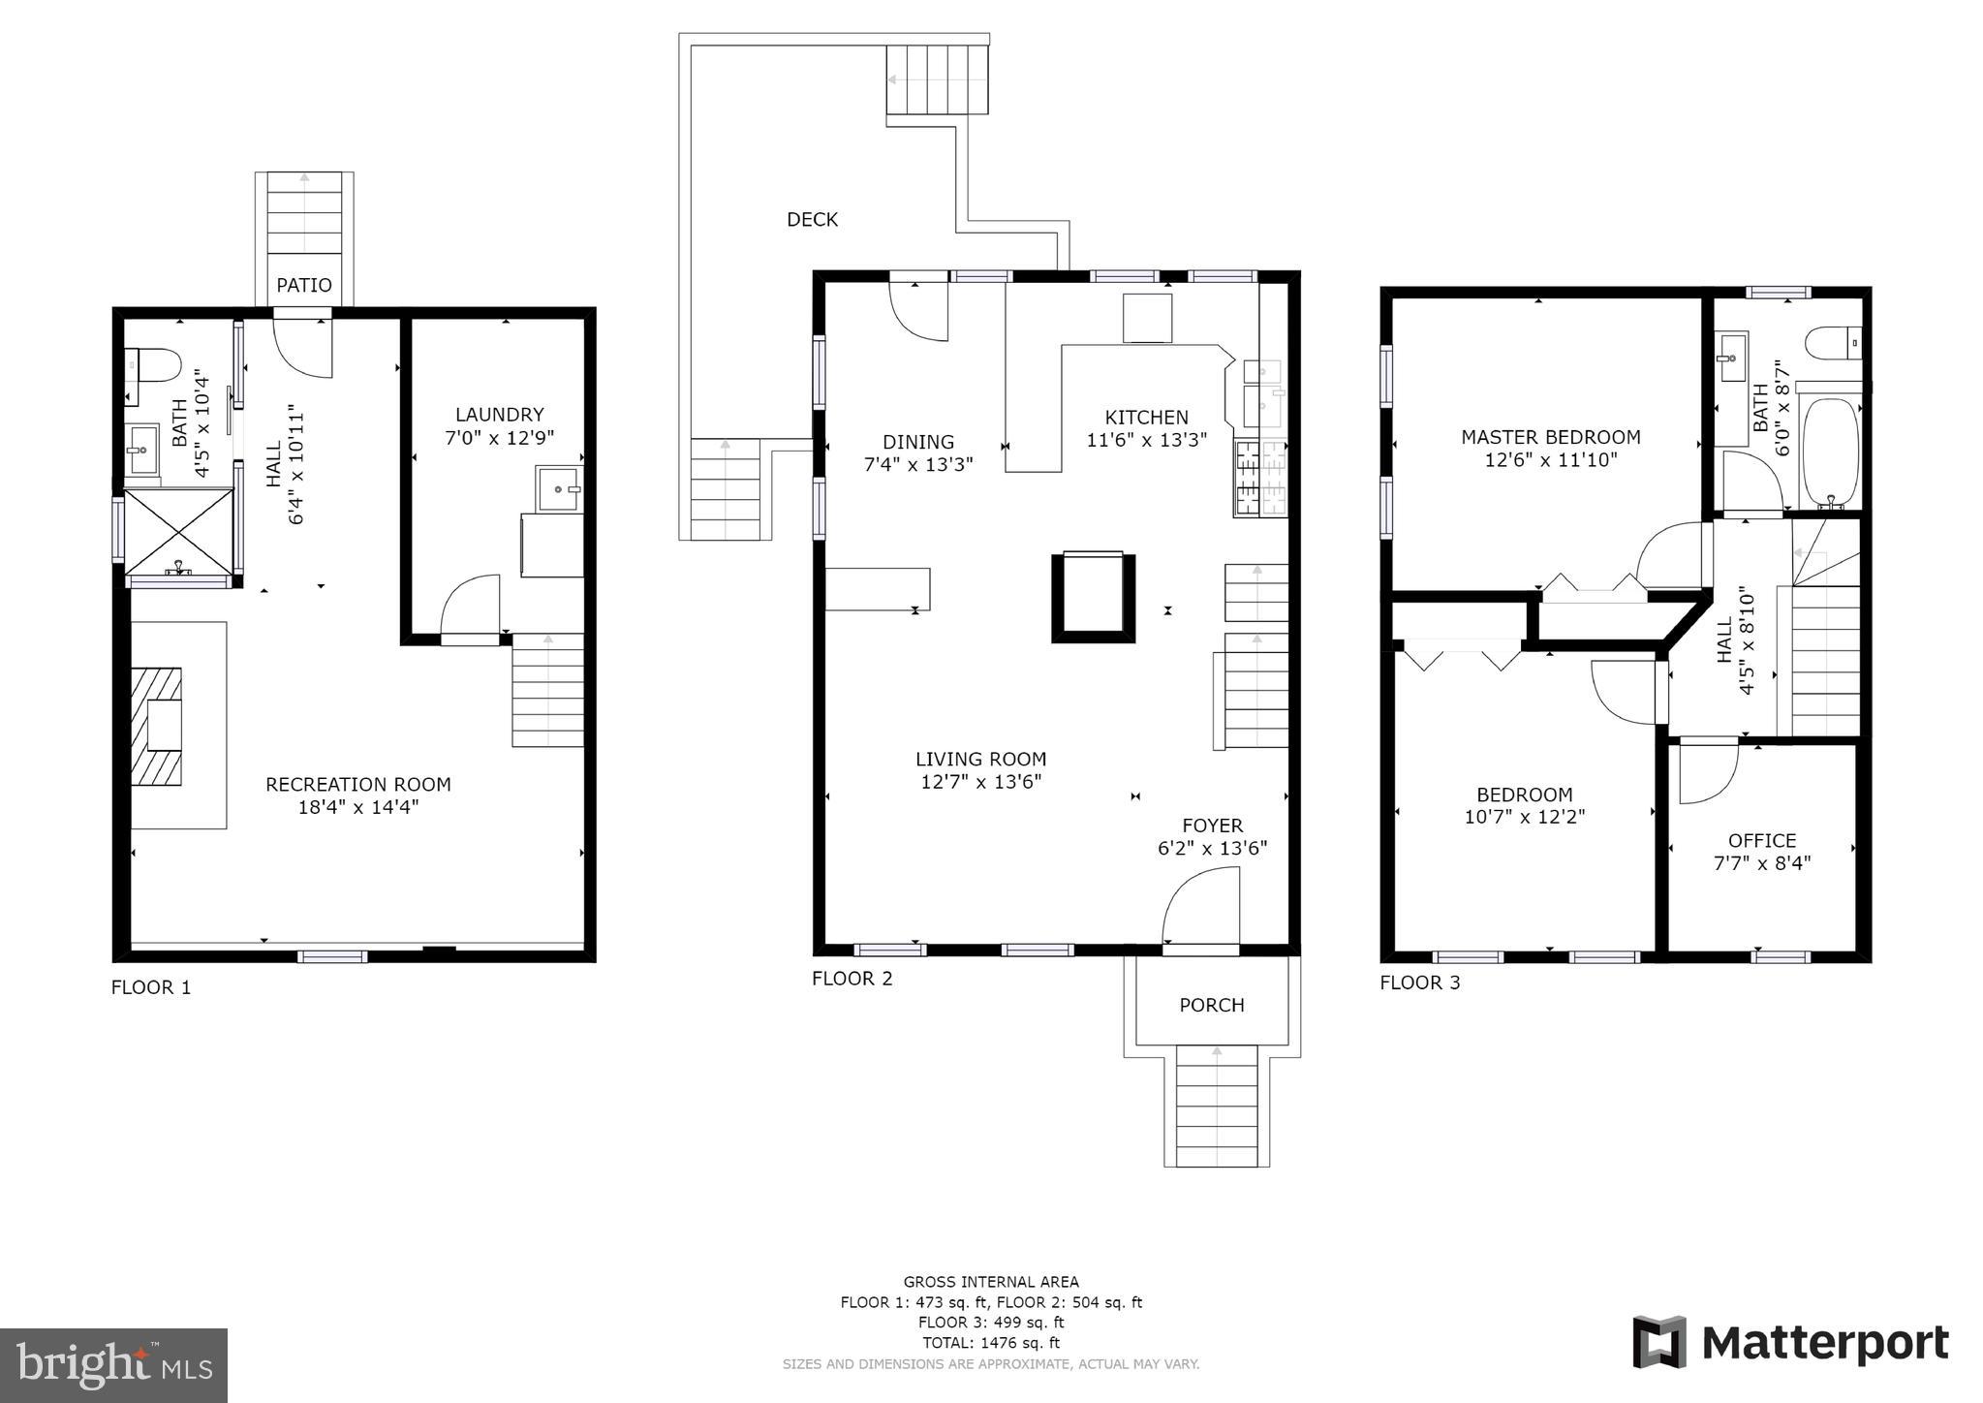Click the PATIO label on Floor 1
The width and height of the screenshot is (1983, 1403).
point(303,285)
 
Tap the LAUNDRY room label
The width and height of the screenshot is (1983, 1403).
point(499,415)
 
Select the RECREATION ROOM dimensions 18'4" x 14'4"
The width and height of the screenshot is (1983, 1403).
point(357,807)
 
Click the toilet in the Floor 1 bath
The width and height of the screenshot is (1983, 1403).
point(156,365)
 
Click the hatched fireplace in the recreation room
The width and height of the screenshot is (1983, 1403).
point(158,727)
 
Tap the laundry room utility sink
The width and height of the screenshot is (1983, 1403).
point(559,489)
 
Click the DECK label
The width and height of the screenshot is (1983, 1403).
point(812,220)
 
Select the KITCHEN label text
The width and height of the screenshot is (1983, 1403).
point(1146,418)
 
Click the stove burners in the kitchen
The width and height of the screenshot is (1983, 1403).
point(1259,478)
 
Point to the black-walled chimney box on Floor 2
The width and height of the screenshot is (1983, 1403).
point(1093,597)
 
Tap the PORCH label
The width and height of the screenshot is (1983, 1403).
point(1211,1006)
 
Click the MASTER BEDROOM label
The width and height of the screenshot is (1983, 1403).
point(1550,437)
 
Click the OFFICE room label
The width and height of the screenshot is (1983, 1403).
point(1761,841)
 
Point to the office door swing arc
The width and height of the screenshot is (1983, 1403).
point(1706,772)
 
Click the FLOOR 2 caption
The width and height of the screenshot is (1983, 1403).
point(852,979)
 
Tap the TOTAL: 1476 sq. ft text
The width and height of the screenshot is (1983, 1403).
point(991,1343)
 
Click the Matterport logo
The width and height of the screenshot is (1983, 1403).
point(1790,1343)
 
